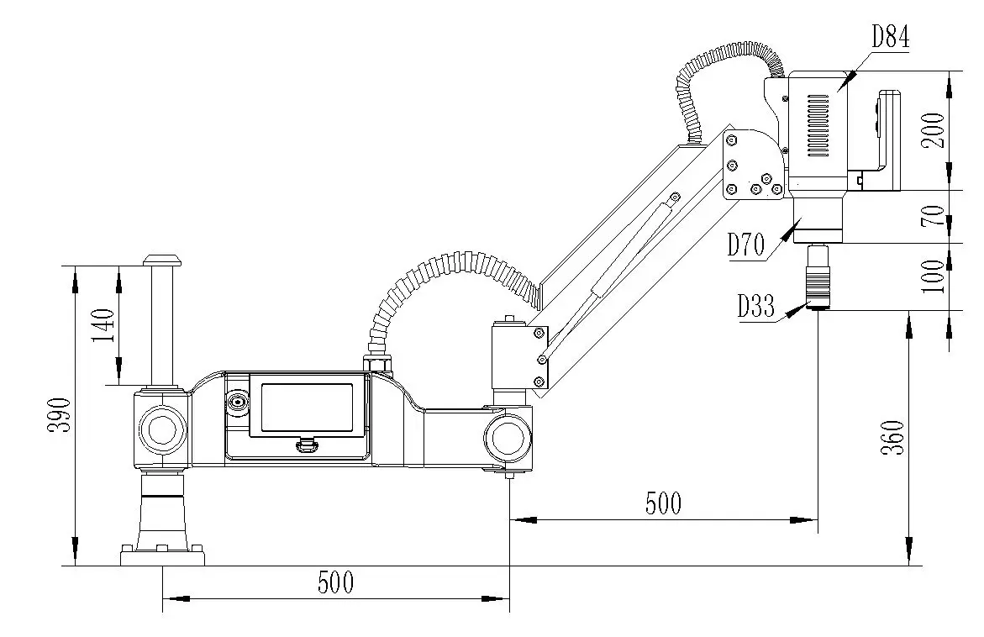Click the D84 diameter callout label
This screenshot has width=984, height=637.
(890, 37)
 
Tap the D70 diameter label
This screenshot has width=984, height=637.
(745, 245)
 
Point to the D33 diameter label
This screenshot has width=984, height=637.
(756, 307)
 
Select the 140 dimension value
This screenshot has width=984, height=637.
(103, 325)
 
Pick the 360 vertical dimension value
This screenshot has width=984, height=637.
(895, 437)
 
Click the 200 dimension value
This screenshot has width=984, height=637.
(935, 130)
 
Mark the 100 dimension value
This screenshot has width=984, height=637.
(934, 276)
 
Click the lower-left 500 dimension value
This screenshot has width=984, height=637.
(335, 582)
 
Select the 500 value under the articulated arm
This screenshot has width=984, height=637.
(663, 503)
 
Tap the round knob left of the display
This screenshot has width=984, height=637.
(237, 403)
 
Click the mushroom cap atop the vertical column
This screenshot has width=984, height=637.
(161, 259)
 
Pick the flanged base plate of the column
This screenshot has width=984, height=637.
(163, 555)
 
